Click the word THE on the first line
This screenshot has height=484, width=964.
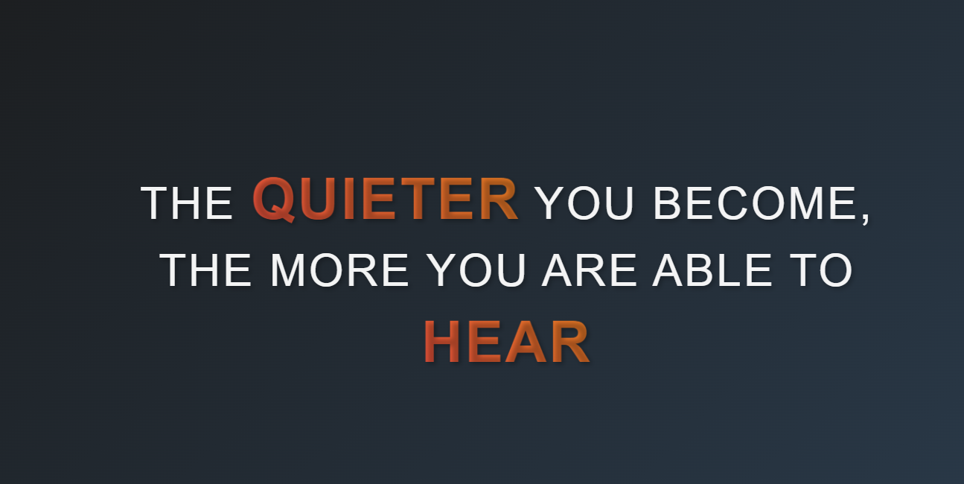pyautogui.click(x=187, y=203)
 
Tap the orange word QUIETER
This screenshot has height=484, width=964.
pyautogui.click(x=385, y=200)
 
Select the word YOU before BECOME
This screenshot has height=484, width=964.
pyautogui.click(x=584, y=203)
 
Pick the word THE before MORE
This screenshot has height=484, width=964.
pyautogui.click(x=205, y=270)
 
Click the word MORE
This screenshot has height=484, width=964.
pyautogui.click(x=339, y=270)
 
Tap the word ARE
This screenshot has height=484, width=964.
pyautogui.click(x=589, y=270)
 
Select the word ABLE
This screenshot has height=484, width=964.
pyautogui.click(x=712, y=270)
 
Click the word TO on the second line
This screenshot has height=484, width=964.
pyautogui.click(x=821, y=270)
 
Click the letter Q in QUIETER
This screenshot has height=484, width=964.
pyautogui.click(x=274, y=200)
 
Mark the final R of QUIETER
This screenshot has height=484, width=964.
pyautogui.click(x=499, y=199)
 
